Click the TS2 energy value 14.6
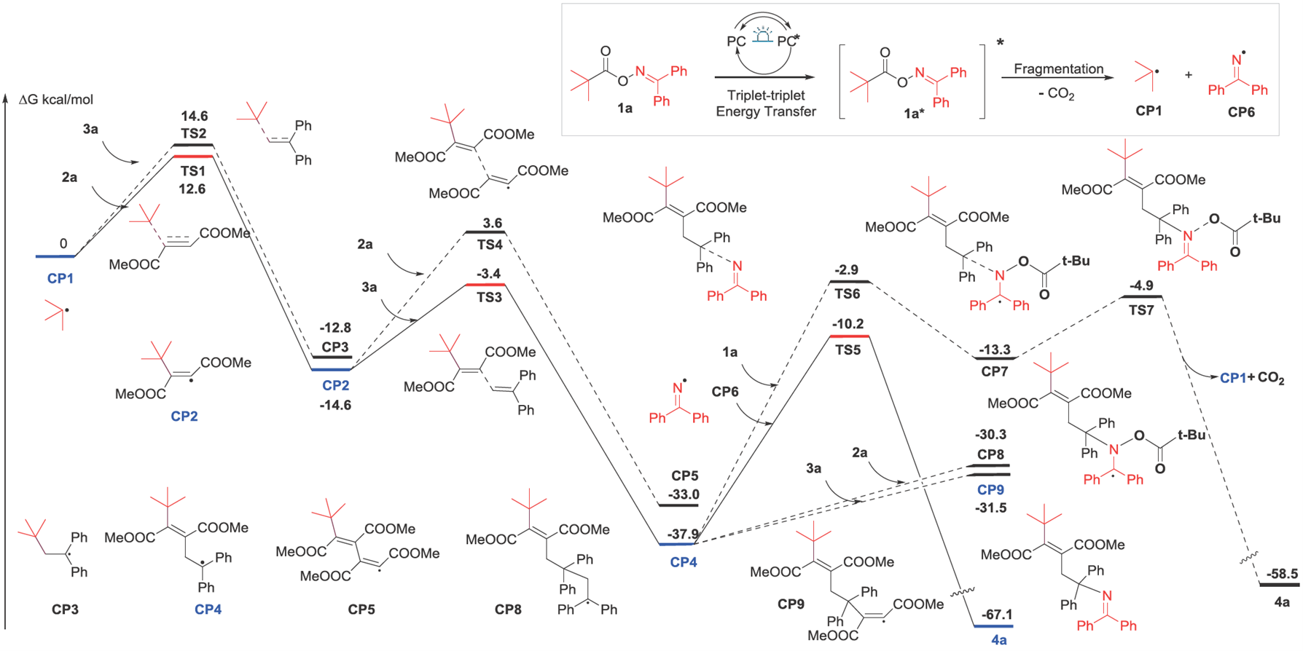tap(194, 116)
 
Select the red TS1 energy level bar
tap(193, 157)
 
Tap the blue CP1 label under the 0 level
tap(60, 278)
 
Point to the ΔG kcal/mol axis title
tap(55, 100)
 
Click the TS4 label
tap(490, 245)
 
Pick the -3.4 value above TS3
tap(488, 274)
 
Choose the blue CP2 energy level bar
tap(331, 370)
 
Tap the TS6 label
tap(848, 293)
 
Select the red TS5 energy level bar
tap(849, 336)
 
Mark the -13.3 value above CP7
tap(995, 350)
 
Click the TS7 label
tap(1141, 309)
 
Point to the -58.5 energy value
tap(1282, 574)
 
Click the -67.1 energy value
tap(996, 615)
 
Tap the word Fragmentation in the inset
tap(1058, 69)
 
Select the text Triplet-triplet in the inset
tap(765, 95)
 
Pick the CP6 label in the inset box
tap(1241, 111)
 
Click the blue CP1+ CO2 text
tap(1252, 379)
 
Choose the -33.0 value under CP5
tap(685, 494)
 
